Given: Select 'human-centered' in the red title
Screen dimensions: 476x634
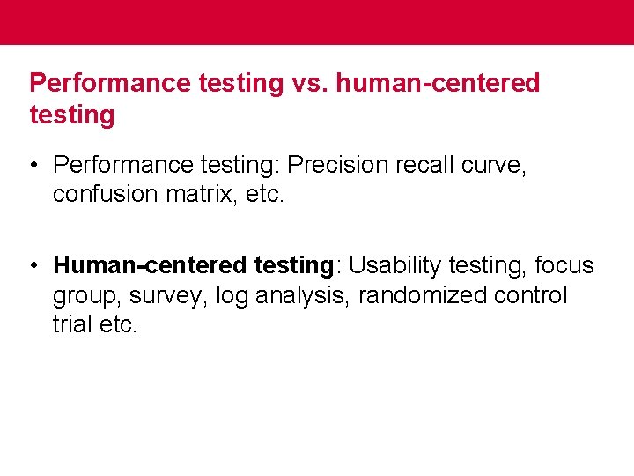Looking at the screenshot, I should pyautogui.click(x=438, y=84).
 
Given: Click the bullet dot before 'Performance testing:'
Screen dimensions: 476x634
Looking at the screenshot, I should pyautogui.click(x=33, y=165).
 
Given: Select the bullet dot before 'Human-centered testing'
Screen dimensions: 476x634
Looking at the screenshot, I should pyautogui.click(x=33, y=265).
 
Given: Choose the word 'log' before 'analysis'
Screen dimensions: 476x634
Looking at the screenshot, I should pyautogui.click(x=232, y=296).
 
